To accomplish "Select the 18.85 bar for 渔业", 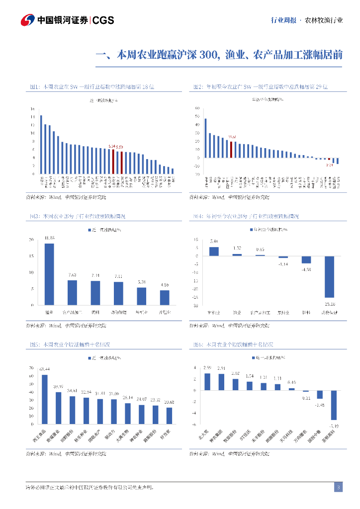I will coord(49,274).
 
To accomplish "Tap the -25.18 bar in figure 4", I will coord(330,276).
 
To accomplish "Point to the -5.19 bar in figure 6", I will coord(334,405).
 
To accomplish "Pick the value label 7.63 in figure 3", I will coord(72,275).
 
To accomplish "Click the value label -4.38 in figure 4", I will coord(306,269).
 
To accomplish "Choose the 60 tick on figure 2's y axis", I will coord(197,108).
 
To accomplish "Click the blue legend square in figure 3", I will coord(90,230).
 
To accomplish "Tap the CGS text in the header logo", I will coord(103,20).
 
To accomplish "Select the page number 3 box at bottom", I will coord(338,487).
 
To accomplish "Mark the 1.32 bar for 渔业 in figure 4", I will coord(237,254).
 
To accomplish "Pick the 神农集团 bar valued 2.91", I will coord(221,382).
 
